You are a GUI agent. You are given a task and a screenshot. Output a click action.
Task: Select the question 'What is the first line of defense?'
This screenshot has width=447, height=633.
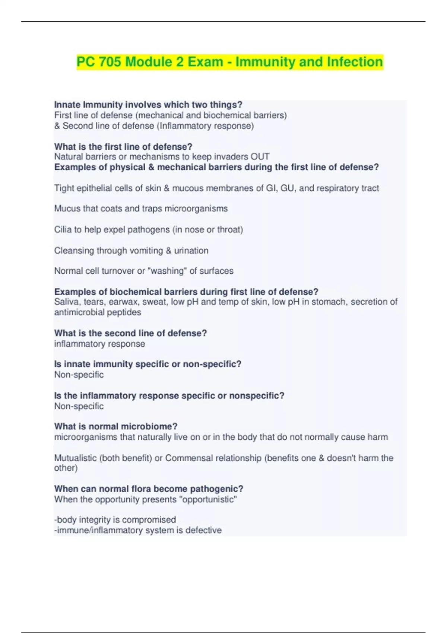(x=123, y=147)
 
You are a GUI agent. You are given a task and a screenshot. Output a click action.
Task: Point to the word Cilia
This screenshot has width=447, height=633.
(x=63, y=229)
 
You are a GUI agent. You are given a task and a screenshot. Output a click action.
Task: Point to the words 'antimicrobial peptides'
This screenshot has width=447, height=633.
(x=98, y=312)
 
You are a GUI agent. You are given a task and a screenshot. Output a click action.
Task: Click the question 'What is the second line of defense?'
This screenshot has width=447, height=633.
(x=130, y=333)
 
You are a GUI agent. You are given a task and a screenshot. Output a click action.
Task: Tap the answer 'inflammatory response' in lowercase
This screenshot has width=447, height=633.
(x=99, y=344)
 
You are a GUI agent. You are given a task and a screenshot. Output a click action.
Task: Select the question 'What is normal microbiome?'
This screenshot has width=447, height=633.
(x=116, y=426)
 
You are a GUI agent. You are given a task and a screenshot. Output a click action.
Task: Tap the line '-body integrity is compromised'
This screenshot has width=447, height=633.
(x=115, y=520)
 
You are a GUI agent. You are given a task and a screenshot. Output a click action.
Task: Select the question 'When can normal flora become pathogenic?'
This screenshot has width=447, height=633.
(x=149, y=489)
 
